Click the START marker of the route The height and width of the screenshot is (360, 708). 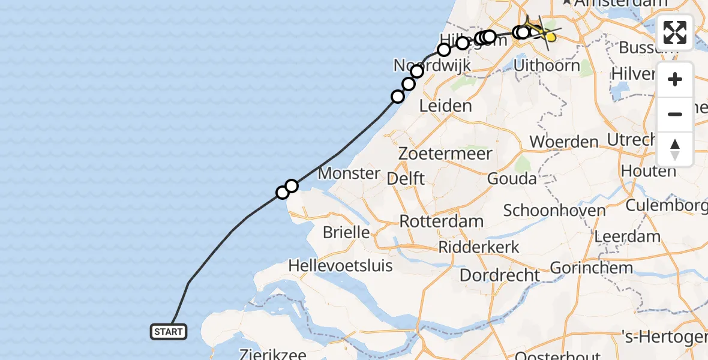point(169,332)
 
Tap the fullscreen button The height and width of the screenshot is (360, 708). point(675,32)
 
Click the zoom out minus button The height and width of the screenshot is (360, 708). point(675,114)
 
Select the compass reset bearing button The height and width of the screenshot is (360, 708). point(675,149)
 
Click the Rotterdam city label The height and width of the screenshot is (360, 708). point(442,221)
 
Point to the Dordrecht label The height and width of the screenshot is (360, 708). point(500,275)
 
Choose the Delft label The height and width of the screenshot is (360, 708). point(406,178)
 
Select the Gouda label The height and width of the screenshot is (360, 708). point(512,179)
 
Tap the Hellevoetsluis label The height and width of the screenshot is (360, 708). point(340,265)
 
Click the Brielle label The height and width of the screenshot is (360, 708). point(346,232)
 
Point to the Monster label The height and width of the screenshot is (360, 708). point(350,174)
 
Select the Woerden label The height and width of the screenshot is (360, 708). point(564,142)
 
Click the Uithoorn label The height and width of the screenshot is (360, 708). point(547,65)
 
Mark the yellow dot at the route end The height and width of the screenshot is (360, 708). point(550,38)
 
